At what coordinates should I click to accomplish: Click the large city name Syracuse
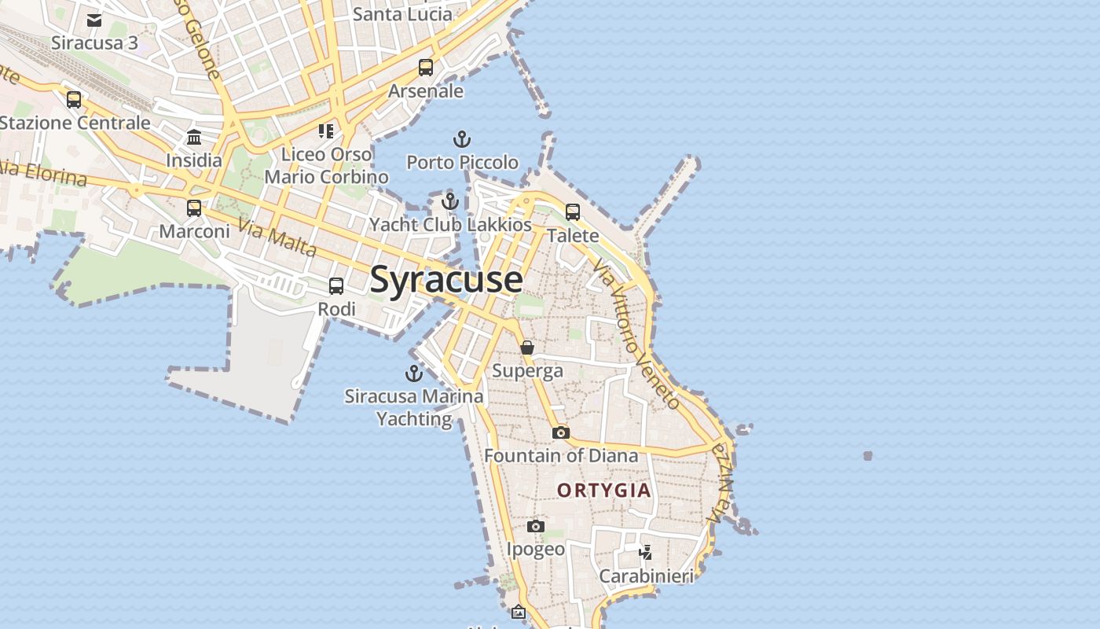(x=445, y=280)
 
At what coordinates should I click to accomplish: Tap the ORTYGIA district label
(x=604, y=491)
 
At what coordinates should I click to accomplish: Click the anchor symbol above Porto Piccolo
(x=462, y=140)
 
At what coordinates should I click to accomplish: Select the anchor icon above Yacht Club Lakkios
(x=450, y=201)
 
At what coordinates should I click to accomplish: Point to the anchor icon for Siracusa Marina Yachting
(x=413, y=373)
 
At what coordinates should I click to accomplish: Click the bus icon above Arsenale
(x=426, y=68)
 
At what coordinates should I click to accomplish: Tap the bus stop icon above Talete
(x=573, y=212)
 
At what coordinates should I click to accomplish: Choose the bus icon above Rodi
(x=336, y=286)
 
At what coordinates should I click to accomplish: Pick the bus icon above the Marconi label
(x=194, y=208)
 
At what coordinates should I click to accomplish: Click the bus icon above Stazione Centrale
(x=74, y=100)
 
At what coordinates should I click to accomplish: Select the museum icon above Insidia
(x=194, y=138)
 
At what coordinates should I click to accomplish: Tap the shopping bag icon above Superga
(x=527, y=348)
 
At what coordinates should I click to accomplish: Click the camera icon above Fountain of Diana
(x=560, y=432)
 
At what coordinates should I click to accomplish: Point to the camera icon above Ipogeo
(x=536, y=526)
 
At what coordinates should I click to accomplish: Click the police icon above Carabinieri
(x=646, y=552)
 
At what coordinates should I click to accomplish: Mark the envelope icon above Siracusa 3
(x=94, y=20)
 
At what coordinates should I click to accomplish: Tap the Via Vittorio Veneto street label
(x=636, y=335)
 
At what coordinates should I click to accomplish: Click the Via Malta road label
(x=277, y=238)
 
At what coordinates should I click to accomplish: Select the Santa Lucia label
(x=402, y=14)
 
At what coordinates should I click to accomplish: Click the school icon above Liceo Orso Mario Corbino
(x=326, y=131)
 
